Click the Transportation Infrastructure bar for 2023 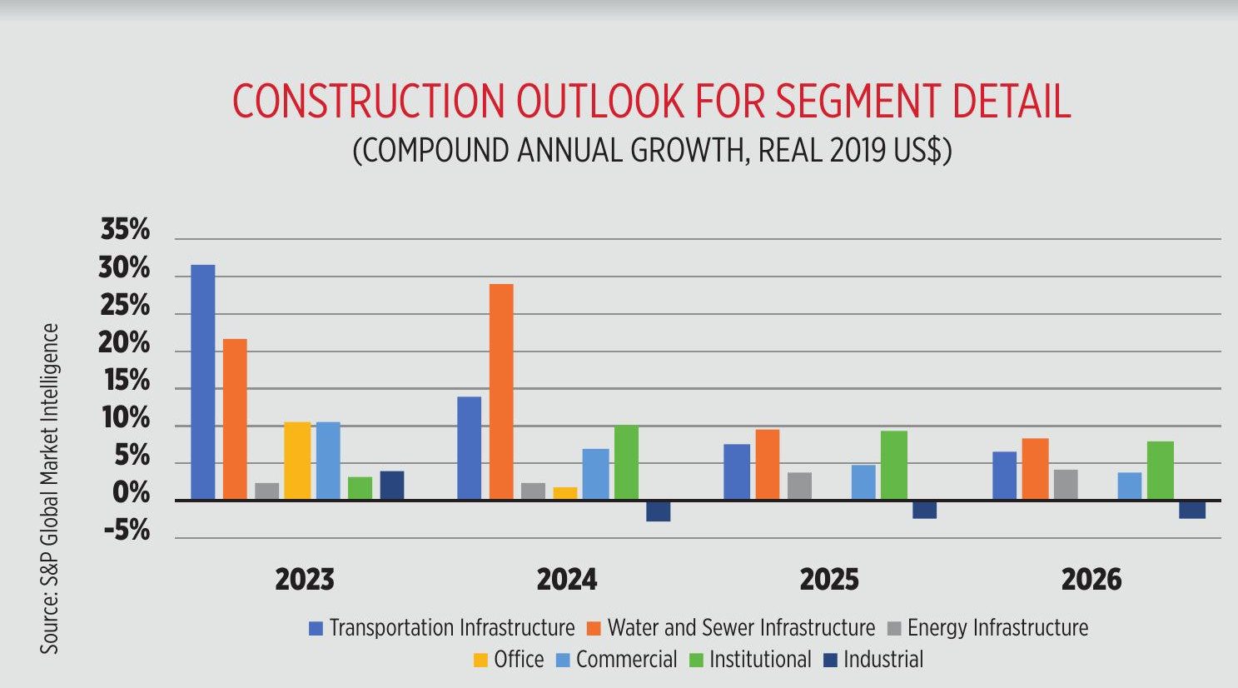(203, 382)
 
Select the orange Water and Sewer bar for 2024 (501, 391)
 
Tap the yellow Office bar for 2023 (297, 461)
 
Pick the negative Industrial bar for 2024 (659, 511)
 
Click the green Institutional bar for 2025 (894, 465)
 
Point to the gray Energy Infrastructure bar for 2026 (1066, 485)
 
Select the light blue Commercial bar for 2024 (596, 474)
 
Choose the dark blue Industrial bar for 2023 (392, 486)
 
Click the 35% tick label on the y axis (125, 230)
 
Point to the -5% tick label (127, 531)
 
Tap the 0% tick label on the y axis (132, 493)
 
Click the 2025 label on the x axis (829, 580)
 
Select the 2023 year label (305, 580)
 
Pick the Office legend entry (518, 660)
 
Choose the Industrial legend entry (883, 660)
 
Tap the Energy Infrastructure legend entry (997, 628)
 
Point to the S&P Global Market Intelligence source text (51, 488)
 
